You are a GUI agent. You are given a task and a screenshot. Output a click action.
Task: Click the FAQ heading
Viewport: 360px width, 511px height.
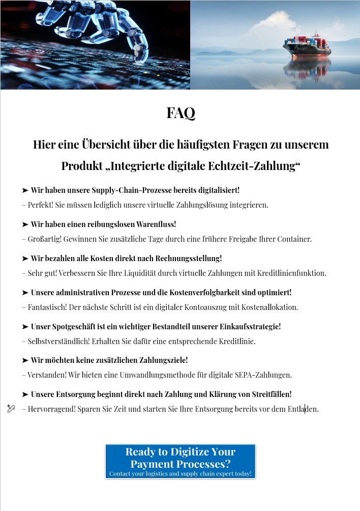(181, 113)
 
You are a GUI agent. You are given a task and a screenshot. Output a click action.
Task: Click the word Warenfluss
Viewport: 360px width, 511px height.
(156, 224)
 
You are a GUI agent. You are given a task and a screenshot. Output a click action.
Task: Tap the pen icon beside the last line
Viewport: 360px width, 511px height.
(11, 408)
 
